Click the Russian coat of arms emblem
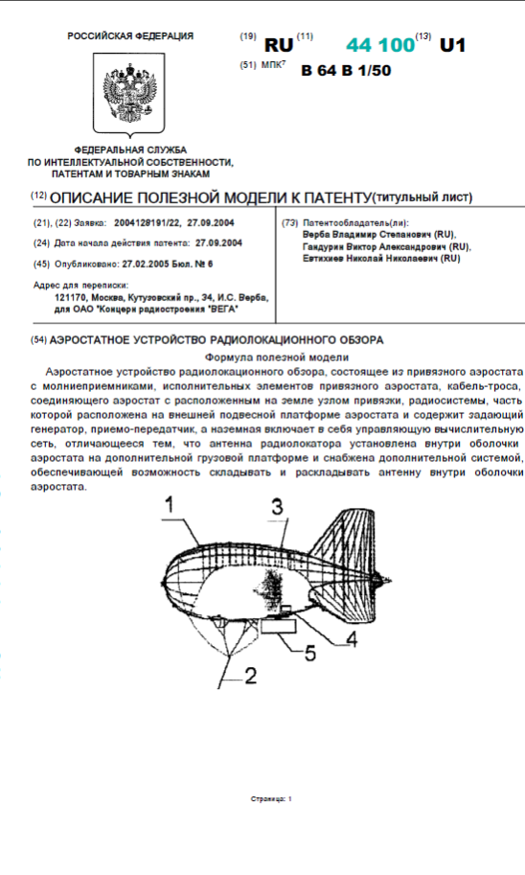pos(130,92)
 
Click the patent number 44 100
pos(380,45)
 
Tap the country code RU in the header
pos(278,45)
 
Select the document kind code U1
pos(451,45)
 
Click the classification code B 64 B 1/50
pos(346,70)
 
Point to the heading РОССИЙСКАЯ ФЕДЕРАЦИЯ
pos(130,36)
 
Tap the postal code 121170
pos(73,299)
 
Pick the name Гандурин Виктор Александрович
pos(372,246)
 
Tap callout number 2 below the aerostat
pos(250,675)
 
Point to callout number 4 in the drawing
pos(351,637)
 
